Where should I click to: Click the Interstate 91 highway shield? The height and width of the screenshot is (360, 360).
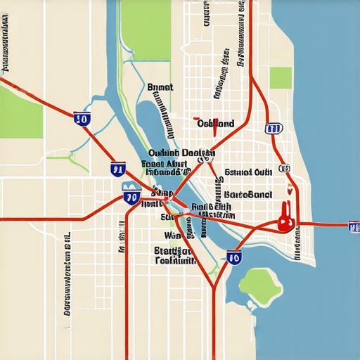118,168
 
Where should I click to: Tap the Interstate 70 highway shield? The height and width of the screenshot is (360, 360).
131,196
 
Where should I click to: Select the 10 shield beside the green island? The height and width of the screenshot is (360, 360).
234,257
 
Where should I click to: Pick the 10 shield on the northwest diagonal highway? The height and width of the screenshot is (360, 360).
82,119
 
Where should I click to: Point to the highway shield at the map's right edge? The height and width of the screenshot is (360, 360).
354,226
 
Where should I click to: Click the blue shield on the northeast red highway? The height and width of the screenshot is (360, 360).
273,129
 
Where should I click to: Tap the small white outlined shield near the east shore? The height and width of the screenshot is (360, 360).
283,169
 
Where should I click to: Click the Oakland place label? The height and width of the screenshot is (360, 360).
215,124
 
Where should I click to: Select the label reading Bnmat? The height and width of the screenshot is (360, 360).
160,87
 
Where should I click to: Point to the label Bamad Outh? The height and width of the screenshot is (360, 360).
247,172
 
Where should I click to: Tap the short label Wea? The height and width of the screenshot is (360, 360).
172,236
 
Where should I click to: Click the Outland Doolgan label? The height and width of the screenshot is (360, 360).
181,153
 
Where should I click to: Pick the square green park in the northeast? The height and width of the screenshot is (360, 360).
281,77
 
